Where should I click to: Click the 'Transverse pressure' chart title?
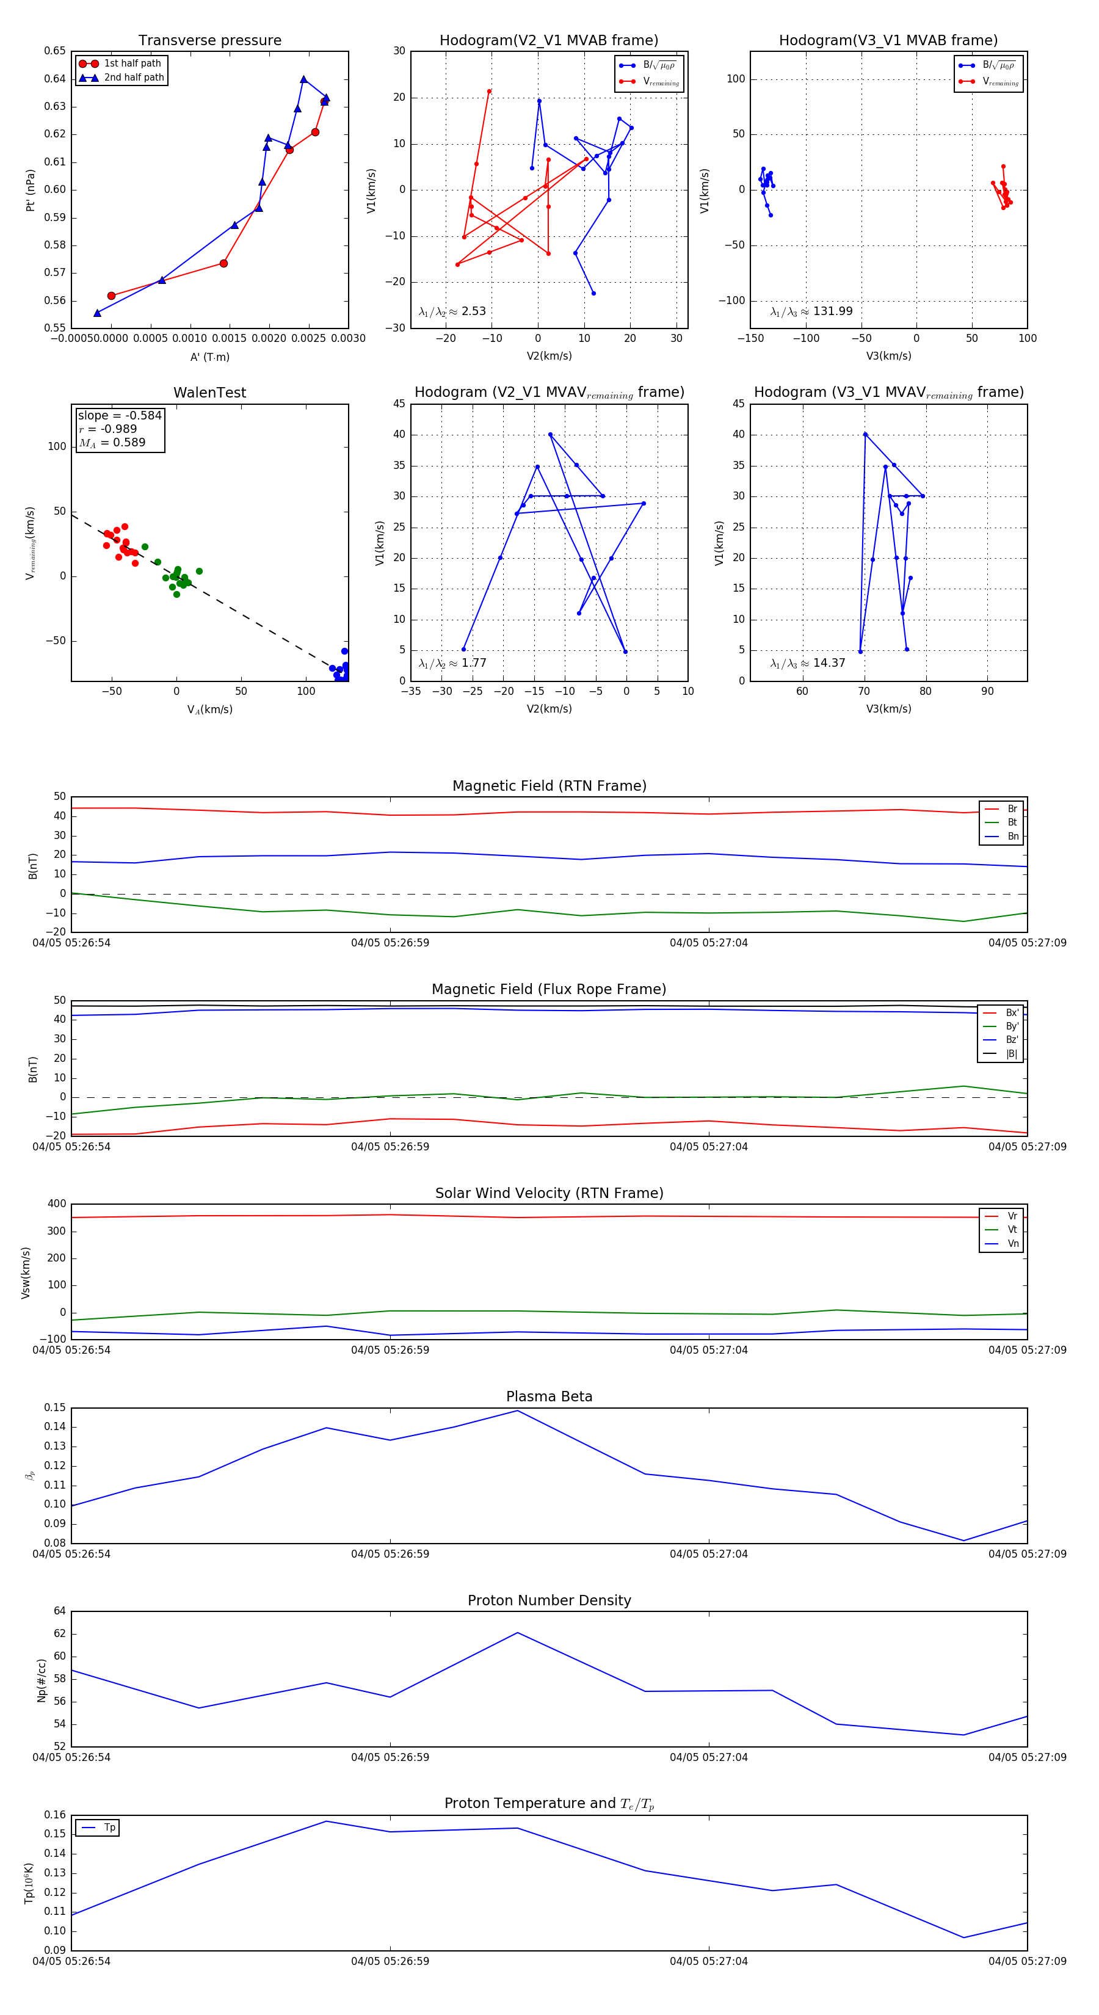tap(209, 41)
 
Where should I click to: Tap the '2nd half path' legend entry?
tap(134, 78)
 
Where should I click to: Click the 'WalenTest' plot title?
tap(209, 393)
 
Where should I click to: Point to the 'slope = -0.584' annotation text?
tap(120, 415)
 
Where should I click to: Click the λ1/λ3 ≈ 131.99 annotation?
tap(811, 311)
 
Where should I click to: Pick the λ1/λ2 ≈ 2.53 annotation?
tap(452, 311)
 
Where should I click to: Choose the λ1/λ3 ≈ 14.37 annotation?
tap(807, 663)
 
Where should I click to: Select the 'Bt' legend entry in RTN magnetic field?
tap(1012, 822)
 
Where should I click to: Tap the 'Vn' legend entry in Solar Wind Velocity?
tap(1012, 1244)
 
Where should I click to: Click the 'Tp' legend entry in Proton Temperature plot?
tap(109, 1828)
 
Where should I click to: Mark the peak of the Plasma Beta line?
tap(517, 1410)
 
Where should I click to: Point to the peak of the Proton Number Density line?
tap(517, 1633)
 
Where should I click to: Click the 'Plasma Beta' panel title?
tap(549, 1397)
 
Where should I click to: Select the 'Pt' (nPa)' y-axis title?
tap(31, 190)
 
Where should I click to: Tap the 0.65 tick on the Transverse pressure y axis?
tap(55, 51)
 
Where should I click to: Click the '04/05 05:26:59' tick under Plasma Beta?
tap(390, 1554)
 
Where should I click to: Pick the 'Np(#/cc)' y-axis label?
tap(42, 1680)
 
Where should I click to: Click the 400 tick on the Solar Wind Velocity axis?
tap(56, 1204)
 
